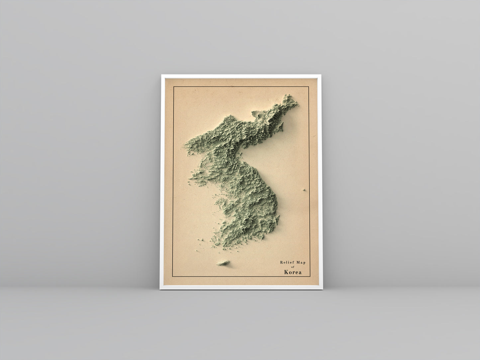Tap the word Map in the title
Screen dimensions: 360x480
click(300, 262)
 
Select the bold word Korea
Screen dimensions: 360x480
click(293, 272)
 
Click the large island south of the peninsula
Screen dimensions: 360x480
click(222, 263)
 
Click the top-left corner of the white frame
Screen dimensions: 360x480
click(162, 75)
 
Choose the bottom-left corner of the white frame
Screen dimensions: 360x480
click(160, 289)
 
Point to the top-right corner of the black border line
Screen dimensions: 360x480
click(310, 87)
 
